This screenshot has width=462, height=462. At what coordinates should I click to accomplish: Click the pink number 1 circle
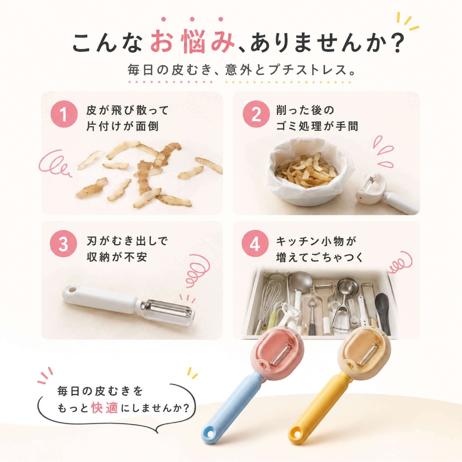tap(64, 114)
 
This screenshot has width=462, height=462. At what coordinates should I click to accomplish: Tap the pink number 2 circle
tap(256, 114)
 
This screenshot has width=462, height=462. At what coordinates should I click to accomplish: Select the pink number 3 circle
tap(64, 244)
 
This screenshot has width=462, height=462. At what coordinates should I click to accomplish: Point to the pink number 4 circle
tap(256, 244)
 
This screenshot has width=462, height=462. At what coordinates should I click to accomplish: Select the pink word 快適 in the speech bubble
tap(105, 408)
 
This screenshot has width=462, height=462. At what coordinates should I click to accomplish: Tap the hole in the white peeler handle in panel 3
tap(71, 290)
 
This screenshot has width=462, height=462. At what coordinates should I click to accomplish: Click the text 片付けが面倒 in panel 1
tap(122, 126)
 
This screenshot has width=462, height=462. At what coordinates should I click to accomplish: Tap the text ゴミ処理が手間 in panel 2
tap(317, 126)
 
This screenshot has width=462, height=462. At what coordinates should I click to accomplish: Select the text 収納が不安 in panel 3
tap(117, 257)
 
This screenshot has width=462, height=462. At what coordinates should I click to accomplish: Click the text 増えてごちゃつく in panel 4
tap(320, 257)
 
